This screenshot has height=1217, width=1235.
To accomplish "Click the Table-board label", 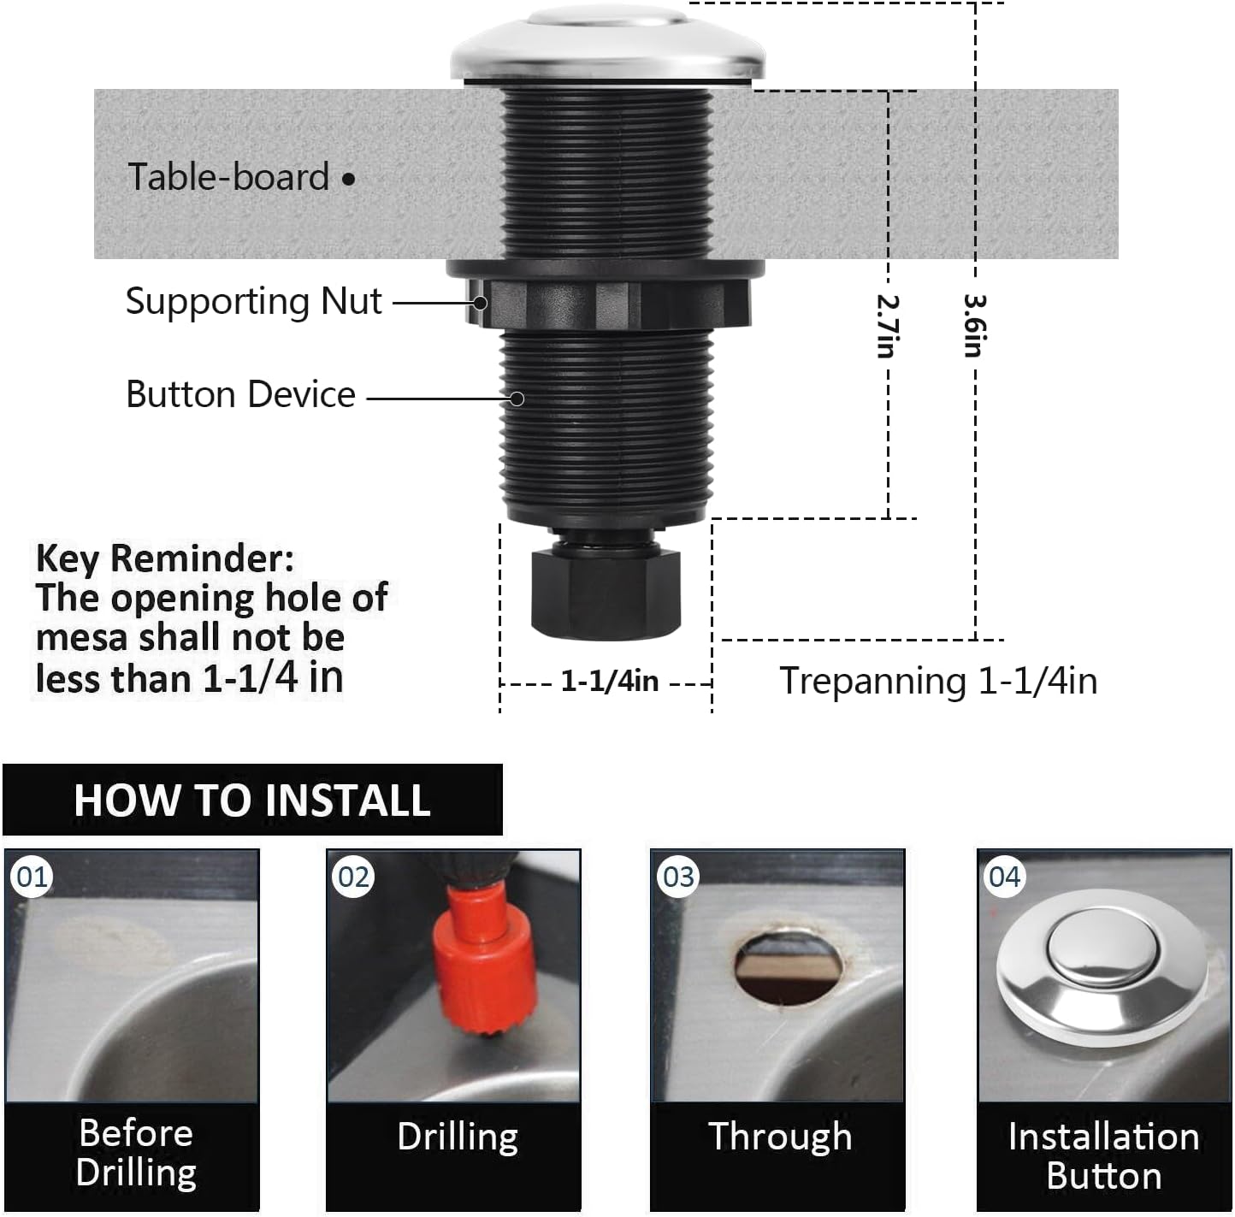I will coord(228,177).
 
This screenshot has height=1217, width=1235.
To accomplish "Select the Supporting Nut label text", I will coord(253,301).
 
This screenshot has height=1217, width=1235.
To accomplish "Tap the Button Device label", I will coord(240,394).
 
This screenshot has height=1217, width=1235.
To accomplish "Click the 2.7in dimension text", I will coord(887,325).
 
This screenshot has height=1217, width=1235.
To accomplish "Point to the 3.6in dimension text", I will coord(974,325).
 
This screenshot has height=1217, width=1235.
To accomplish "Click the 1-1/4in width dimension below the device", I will coord(609,682).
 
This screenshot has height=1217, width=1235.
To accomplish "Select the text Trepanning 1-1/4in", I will coord(937,682).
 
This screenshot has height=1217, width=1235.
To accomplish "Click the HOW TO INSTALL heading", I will coord(251,801).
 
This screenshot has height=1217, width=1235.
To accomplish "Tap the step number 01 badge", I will coord(32,877).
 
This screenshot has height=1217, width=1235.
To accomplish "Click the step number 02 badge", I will coord(354,877).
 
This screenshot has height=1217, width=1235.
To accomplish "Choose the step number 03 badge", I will coord(678,877).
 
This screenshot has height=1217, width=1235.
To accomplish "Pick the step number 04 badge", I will coord(1004,877).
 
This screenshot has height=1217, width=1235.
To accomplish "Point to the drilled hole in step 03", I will coord(788,968).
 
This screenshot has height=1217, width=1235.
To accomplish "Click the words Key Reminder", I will coord(164,558).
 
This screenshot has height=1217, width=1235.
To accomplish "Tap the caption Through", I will coord(779,1137).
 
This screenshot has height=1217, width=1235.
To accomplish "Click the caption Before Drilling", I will coord(135,1152).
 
